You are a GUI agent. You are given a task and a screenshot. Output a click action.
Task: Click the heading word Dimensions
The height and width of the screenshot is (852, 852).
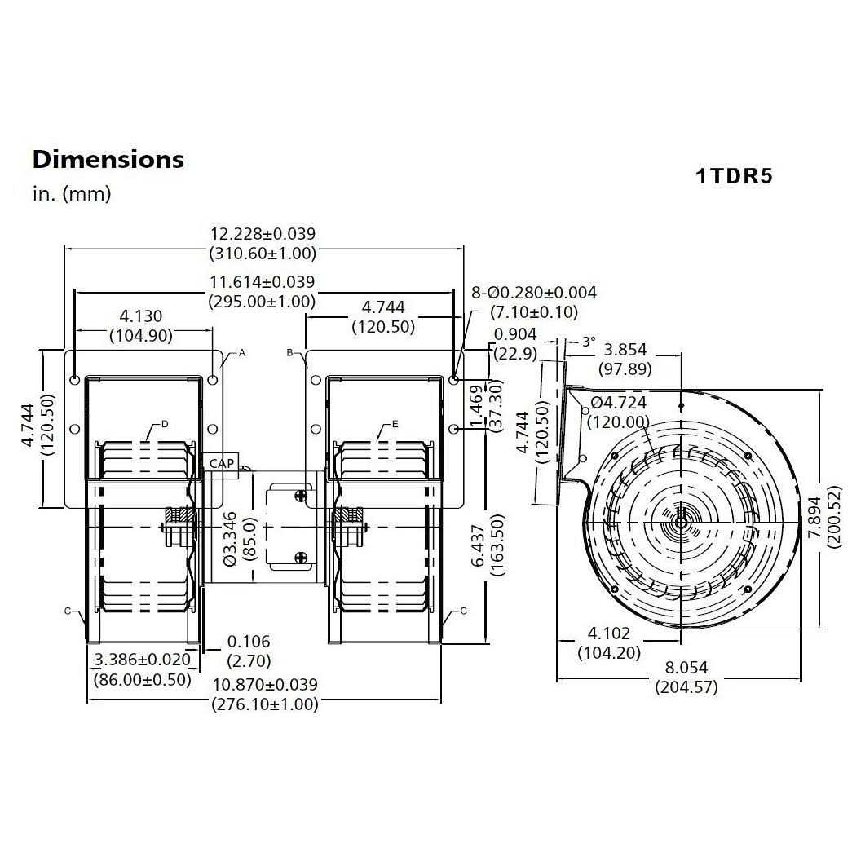click(108, 159)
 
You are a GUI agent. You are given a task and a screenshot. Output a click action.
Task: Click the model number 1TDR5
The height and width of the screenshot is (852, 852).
click(734, 176)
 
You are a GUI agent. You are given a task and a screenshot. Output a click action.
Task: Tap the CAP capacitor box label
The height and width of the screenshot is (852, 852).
click(222, 463)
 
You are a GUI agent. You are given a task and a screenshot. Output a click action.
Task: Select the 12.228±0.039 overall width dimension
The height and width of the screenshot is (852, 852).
click(263, 234)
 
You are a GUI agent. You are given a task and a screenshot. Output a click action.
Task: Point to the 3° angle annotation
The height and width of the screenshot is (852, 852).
click(589, 342)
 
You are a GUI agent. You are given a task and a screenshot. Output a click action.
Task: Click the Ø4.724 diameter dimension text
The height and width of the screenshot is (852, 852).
click(619, 403)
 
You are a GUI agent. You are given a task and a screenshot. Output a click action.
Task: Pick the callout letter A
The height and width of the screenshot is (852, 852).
click(242, 353)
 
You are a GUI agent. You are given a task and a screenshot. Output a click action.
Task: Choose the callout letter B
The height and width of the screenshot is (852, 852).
click(289, 353)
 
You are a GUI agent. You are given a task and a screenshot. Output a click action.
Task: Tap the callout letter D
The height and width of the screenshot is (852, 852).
click(165, 424)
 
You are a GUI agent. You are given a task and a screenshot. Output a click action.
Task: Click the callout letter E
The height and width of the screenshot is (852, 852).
click(395, 424)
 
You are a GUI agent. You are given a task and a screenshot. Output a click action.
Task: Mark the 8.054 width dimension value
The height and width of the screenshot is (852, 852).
click(686, 667)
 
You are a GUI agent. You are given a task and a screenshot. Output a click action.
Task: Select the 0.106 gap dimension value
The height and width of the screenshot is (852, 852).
click(249, 641)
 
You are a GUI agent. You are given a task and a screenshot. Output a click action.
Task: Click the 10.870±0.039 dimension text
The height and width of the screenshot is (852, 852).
click(265, 685)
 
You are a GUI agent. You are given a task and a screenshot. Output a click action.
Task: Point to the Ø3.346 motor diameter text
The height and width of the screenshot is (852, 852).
click(231, 539)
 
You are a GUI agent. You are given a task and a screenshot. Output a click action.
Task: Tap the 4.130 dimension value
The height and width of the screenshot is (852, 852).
click(141, 316)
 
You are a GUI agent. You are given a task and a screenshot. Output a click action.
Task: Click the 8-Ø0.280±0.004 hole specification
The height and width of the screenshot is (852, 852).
click(534, 293)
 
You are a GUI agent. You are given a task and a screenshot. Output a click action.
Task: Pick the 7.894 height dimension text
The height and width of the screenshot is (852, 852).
click(814, 518)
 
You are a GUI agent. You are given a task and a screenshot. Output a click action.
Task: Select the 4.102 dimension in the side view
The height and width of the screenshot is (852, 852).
click(609, 633)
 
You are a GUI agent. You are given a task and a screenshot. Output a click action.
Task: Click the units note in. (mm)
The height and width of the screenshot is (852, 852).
click(72, 194)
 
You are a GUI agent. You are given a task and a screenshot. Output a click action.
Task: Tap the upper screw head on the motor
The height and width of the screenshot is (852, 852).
click(301, 496)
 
